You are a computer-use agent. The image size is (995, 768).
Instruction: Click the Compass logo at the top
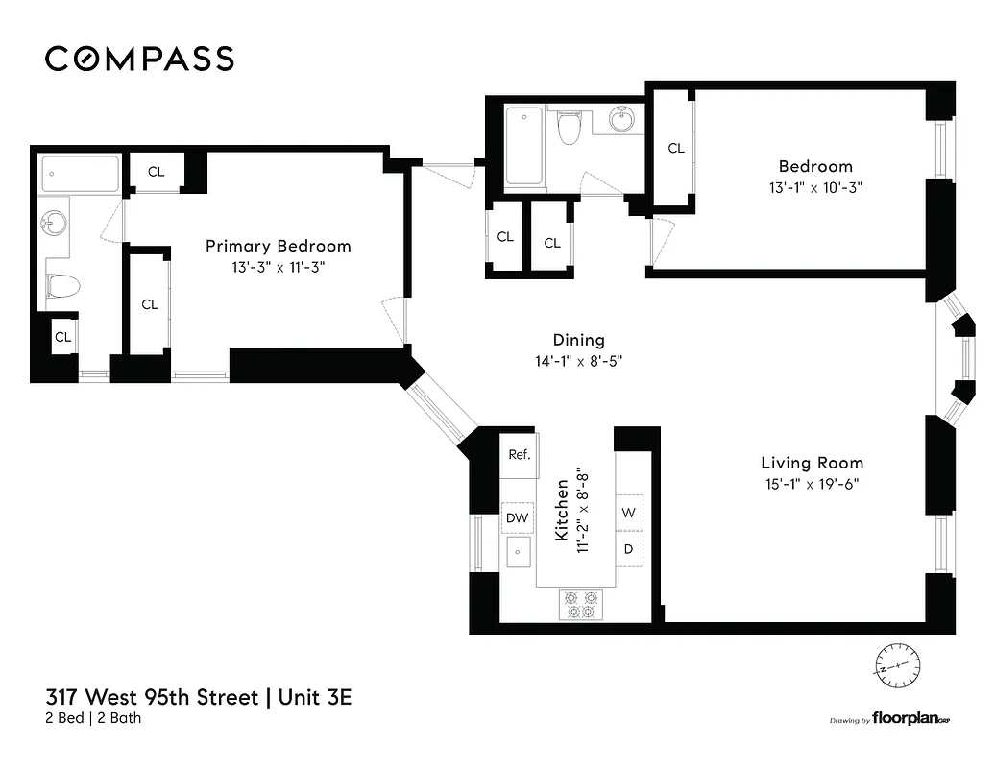point(139,59)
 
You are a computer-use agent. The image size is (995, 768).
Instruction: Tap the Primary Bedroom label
point(279,246)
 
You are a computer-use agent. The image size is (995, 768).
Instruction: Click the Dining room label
point(578,340)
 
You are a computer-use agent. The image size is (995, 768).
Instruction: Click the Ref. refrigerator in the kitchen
point(519,455)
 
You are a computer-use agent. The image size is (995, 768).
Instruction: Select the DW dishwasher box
point(518,518)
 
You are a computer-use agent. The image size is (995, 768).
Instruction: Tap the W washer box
point(628,513)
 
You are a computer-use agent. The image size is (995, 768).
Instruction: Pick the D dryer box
point(628,549)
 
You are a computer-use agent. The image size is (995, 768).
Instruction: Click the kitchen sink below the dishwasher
point(519,553)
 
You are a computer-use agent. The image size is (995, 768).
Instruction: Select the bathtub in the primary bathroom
point(81,175)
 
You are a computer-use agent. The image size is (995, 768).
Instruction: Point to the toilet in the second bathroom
point(570,127)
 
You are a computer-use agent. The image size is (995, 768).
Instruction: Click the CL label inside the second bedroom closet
point(676,148)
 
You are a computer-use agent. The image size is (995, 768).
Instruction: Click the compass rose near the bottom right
point(897,664)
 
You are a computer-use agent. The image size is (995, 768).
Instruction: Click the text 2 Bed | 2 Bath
point(93,718)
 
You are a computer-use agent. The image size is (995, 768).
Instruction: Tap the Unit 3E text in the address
point(315,697)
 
